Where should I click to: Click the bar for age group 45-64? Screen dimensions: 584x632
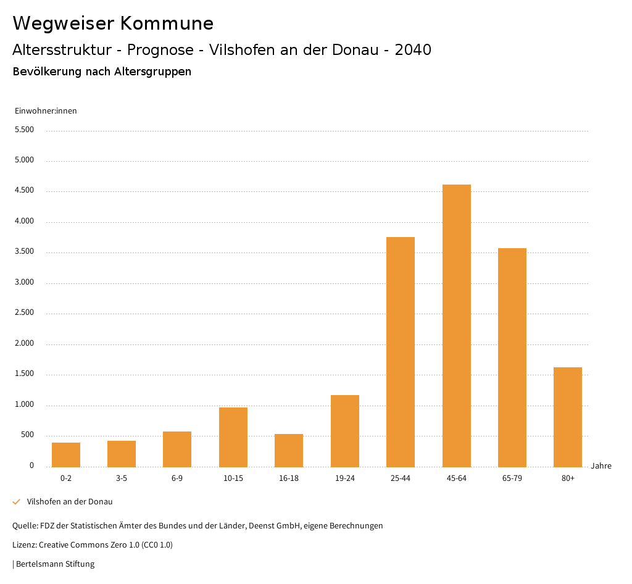pos(456,325)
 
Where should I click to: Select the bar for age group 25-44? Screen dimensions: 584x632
pos(401,352)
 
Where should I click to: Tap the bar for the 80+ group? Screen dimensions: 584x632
pos(568,417)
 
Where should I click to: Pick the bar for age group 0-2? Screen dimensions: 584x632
pos(66,454)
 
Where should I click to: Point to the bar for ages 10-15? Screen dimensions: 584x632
pos(233,437)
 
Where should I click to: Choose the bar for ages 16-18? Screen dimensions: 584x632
pos(289,450)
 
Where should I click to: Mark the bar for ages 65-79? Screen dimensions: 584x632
pos(512,357)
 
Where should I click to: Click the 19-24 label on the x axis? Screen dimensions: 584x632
pos(345,478)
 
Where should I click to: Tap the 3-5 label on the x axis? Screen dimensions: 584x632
pos(122,478)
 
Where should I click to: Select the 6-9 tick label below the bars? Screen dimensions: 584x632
pos(177,478)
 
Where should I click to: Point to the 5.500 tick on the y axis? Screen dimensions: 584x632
pos(24,130)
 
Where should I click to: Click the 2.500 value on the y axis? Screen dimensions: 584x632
pos(24,313)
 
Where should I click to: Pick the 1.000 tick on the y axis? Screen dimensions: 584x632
pos(24,405)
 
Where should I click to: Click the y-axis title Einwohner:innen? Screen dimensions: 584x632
pos(46,111)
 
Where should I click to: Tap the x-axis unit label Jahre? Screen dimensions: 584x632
pos(601,466)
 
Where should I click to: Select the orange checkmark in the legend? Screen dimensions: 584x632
pos(17,502)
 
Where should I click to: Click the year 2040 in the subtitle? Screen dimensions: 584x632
pos(413,50)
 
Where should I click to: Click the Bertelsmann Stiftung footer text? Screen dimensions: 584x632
pos(55,564)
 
